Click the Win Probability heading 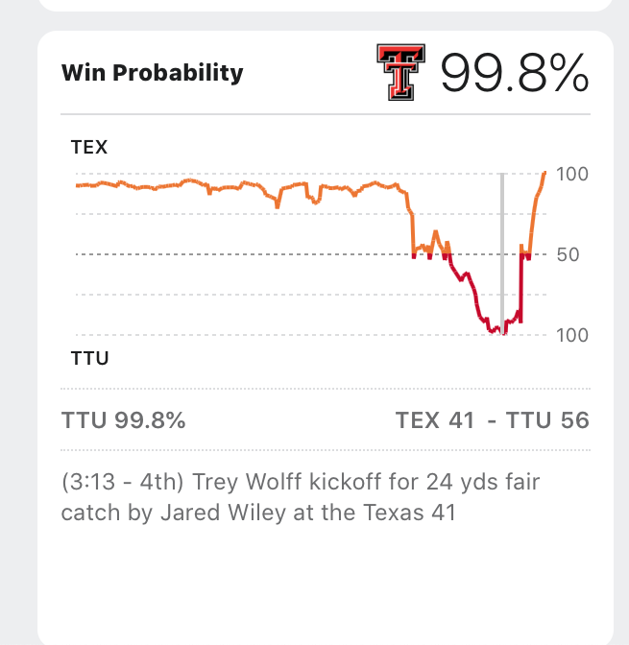[152, 73]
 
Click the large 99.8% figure [514, 72]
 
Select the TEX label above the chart [89, 148]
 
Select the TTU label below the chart [89, 359]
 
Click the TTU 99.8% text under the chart [124, 420]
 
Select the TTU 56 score [548, 420]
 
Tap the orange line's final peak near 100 [544, 173]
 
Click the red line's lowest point [492, 332]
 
